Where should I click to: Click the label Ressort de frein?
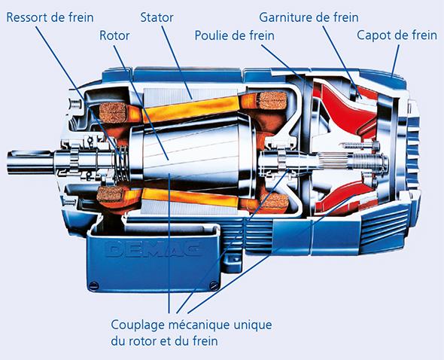tap(50, 17)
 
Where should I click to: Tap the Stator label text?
tap(157, 17)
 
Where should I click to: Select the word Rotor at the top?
tap(114, 35)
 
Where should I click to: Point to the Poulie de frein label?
tap(235, 35)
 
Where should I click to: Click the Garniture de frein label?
tap(309, 17)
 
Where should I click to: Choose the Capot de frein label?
tap(397, 35)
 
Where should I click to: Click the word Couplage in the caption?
tap(138, 325)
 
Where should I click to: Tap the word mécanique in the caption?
tap(199, 325)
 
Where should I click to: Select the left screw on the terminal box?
tap(94, 285)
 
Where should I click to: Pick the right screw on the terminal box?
tap(214, 285)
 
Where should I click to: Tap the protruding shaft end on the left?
tap(31, 162)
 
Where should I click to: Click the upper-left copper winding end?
tap(113, 112)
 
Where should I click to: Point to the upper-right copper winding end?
tap(272, 101)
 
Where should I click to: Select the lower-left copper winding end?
tap(110, 194)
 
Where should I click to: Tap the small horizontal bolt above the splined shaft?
tap(359, 145)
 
